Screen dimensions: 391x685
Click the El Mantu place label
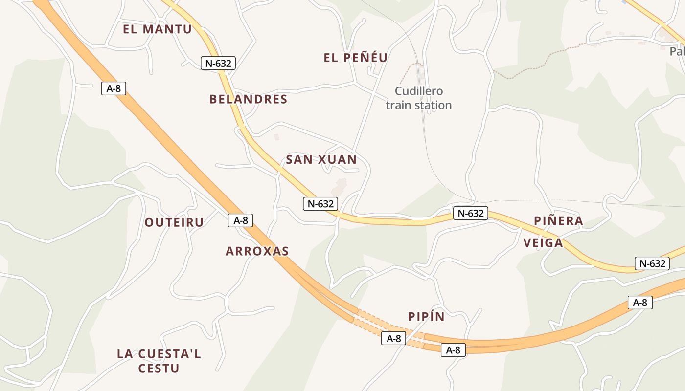[x=157, y=29]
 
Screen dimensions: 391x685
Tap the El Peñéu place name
[x=356, y=58]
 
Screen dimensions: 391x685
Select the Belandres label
[x=248, y=99]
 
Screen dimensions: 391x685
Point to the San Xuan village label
[x=321, y=160]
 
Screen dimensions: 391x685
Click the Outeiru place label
[x=174, y=222]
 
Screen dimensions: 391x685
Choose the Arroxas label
[x=257, y=251]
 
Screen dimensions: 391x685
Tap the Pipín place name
[x=426, y=317]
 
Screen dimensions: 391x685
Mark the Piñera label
[x=558, y=221]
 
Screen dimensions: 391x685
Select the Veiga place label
[x=543, y=243]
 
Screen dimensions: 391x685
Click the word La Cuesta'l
[x=159, y=354]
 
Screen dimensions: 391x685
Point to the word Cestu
[x=159, y=369]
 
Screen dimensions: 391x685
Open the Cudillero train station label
[x=418, y=98]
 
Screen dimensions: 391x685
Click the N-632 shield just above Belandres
[x=218, y=63]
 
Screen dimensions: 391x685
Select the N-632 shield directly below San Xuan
[x=321, y=204]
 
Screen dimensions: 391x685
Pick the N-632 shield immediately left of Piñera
[x=470, y=213]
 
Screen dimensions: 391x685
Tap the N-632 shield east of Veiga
[x=652, y=263]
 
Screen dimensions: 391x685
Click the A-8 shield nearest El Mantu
[x=114, y=88]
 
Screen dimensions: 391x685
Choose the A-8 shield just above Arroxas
[x=240, y=220]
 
